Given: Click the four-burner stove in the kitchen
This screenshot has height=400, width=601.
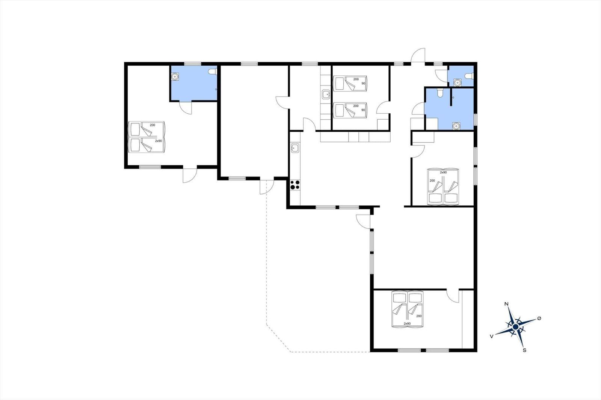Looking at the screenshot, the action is [295, 185].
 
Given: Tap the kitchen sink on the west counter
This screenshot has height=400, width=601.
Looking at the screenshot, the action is [295, 148].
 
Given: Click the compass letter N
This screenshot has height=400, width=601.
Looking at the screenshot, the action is [507, 304].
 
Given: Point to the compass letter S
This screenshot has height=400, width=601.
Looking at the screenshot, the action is [524, 350].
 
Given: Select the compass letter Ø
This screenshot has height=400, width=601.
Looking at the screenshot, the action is [539, 318].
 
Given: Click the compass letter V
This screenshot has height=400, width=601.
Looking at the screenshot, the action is [492, 336].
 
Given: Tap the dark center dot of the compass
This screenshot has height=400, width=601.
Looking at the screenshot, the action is [515, 327].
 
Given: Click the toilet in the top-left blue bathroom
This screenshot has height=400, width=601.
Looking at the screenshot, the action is [212, 72].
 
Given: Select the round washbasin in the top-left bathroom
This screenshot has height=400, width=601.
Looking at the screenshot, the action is [175, 77].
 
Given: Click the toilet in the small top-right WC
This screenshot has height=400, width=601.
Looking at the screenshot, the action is [469, 76].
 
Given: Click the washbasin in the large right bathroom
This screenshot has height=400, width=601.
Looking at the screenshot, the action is [456, 126].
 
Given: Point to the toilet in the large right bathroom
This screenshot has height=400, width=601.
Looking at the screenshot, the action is [440, 92].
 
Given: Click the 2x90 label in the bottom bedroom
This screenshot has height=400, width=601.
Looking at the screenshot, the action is [407, 323].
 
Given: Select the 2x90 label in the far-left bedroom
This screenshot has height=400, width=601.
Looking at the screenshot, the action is [159, 141].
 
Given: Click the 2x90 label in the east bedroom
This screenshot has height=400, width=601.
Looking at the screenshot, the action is [443, 172].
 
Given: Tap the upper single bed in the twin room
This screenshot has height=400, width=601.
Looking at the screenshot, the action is [350, 83].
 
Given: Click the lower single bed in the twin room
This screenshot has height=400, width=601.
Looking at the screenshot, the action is [350, 110].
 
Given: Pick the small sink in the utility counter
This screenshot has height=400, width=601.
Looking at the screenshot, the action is [326, 94].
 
